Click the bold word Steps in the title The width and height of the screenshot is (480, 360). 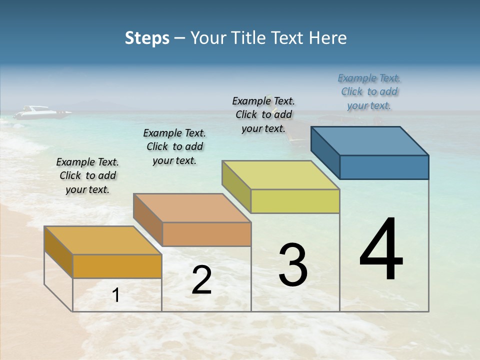pyautogui.click(x=147, y=38)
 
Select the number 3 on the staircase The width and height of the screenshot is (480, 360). pyautogui.click(x=292, y=265)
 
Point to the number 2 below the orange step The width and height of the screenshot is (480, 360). pyautogui.click(x=201, y=280)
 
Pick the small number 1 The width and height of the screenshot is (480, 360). pyautogui.click(x=115, y=295)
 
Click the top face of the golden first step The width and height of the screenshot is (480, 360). pyautogui.click(x=103, y=240)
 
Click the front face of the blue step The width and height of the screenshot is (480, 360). pyautogui.click(x=384, y=167)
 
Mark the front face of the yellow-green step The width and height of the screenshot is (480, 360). pyautogui.click(x=295, y=201)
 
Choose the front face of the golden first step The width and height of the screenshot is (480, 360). pyautogui.click(x=117, y=266)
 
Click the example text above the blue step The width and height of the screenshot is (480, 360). pyautogui.click(x=369, y=92)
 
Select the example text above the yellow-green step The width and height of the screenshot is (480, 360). pyautogui.click(x=263, y=114)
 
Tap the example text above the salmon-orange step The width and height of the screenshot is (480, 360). pyautogui.click(x=174, y=146)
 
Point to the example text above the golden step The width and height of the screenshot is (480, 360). pyautogui.click(x=87, y=175)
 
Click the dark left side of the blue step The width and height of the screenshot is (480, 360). pyautogui.click(x=325, y=152)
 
